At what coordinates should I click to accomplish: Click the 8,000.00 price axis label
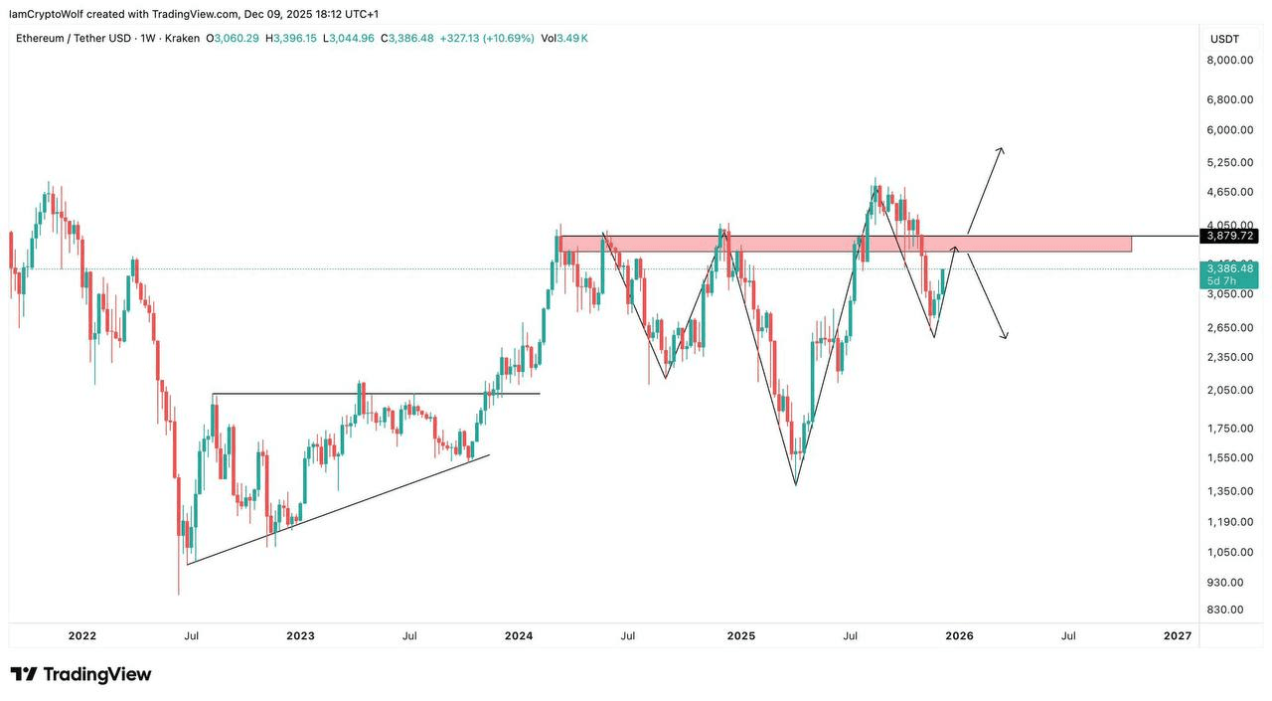[1229, 60]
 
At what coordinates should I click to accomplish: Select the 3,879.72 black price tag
[1229, 236]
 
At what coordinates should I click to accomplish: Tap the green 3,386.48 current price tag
[1229, 268]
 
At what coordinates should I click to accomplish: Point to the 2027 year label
[1177, 635]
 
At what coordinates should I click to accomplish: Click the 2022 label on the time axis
[81, 635]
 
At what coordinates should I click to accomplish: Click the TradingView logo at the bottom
[81, 674]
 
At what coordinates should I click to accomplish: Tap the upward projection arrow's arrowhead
[1000, 150]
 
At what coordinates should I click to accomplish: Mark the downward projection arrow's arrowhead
[1005, 336]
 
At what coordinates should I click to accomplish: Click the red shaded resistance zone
[845, 244]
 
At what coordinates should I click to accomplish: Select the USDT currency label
[1223, 39]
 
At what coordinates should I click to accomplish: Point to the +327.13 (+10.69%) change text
[486, 39]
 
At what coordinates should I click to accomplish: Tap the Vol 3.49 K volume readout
[564, 39]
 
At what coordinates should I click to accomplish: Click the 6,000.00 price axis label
[1229, 129]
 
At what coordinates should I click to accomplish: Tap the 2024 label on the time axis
[519, 635]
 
